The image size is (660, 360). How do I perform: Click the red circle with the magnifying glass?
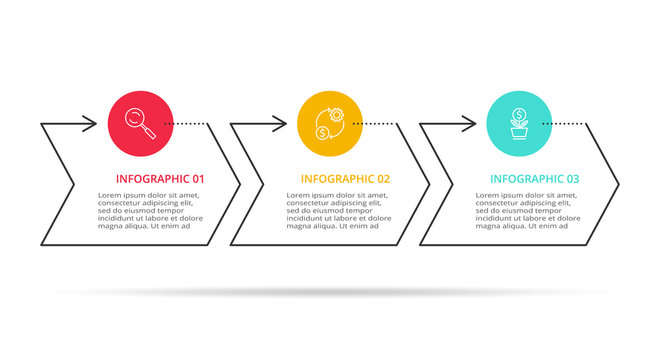point(141,124)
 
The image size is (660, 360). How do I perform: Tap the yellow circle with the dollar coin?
point(330,124)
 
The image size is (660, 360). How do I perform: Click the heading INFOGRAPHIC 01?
point(161,179)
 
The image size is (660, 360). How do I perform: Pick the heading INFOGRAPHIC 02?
point(346,179)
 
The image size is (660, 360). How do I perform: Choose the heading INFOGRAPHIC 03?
point(534,179)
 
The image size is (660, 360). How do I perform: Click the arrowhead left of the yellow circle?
point(279,124)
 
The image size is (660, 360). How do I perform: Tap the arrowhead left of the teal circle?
point(468,124)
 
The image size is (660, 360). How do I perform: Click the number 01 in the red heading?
point(198,179)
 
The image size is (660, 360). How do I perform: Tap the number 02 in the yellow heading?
point(384,179)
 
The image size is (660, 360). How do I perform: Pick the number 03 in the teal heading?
point(572,179)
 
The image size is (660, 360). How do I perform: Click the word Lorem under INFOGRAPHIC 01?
point(111,195)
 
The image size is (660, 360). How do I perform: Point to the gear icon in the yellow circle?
point(336,116)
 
